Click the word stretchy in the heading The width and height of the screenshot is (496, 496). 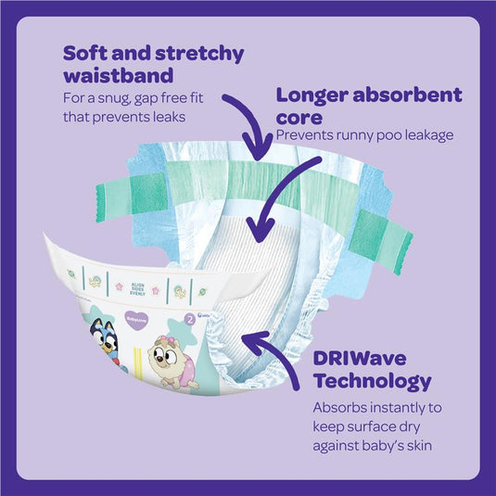pyautogui.click(x=199, y=54)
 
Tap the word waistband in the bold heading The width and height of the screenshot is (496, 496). pyautogui.click(x=119, y=75)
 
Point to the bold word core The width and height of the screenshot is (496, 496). pyautogui.click(x=299, y=118)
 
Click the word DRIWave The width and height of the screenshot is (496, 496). pyautogui.click(x=360, y=359)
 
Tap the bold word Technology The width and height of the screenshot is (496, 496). pyautogui.click(x=373, y=381)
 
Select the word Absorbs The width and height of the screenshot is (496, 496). pyautogui.click(x=339, y=407)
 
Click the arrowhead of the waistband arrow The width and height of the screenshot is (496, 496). pyautogui.click(x=258, y=146)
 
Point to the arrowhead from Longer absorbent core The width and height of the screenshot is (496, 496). pyautogui.click(x=261, y=228)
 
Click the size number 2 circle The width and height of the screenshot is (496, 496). pyautogui.click(x=190, y=320)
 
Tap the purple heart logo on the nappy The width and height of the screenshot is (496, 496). pyautogui.click(x=136, y=320)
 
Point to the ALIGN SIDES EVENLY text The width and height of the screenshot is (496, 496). pyautogui.click(x=137, y=289)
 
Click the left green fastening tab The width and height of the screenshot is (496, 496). pyautogui.click(x=131, y=197)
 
